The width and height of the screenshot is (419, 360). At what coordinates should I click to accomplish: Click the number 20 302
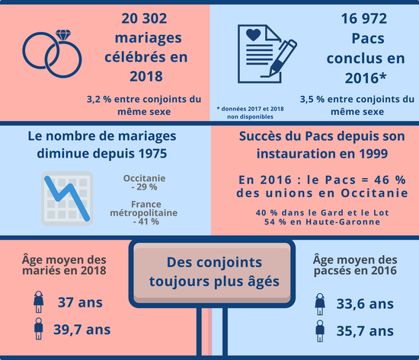[x=144, y=18]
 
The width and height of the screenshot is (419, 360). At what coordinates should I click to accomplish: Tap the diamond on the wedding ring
[x=63, y=35]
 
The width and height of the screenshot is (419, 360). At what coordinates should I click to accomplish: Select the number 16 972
[x=364, y=18]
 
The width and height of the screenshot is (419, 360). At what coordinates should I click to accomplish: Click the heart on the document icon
[x=253, y=35]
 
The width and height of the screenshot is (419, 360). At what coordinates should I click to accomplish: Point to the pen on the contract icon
[x=283, y=57]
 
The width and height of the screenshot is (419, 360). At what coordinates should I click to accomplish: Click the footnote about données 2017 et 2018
[x=250, y=113]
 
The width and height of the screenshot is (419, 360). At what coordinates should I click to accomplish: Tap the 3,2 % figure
[x=99, y=100]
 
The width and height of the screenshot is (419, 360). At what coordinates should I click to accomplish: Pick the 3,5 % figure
[x=312, y=100]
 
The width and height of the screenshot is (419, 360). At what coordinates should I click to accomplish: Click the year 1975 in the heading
[x=152, y=154]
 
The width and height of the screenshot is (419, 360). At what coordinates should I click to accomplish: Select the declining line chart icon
[x=67, y=199]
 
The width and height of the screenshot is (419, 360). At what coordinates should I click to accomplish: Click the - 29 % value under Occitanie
[x=144, y=187]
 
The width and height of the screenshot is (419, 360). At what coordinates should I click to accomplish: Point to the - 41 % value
[x=146, y=221]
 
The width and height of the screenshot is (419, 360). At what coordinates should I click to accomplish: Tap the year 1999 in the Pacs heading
[x=373, y=154]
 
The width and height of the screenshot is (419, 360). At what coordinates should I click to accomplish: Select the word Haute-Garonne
[x=343, y=222]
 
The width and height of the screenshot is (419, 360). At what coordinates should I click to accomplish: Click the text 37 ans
[x=80, y=302]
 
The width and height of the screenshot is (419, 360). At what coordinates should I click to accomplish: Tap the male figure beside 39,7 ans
[x=39, y=329]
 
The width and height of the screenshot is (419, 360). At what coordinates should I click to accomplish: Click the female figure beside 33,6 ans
[x=320, y=304]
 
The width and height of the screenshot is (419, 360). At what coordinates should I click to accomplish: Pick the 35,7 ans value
[x=365, y=331]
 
